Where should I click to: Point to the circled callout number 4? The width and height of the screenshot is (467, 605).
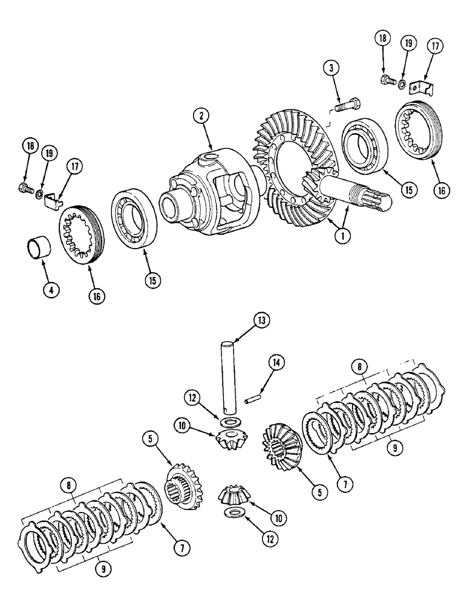point(51,290)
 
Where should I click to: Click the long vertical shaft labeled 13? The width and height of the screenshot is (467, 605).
point(229,376)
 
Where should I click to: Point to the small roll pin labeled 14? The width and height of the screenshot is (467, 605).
point(253,398)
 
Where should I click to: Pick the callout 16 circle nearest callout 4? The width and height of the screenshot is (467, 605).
point(97,296)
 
